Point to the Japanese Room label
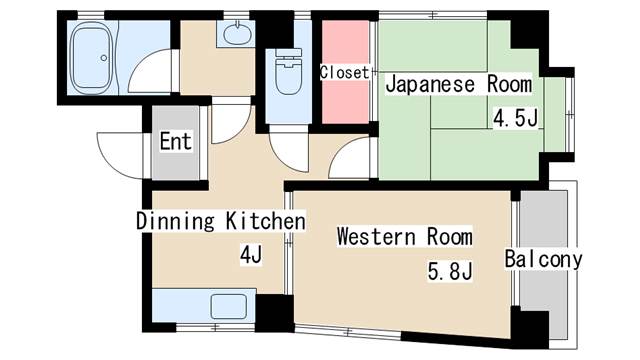(459, 84)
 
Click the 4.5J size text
(516, 119)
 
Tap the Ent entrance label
(175, 142)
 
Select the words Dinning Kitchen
(220, 220)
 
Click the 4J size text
(250, 255)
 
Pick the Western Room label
(404, 237)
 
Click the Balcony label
(543, 259)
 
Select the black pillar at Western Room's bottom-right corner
(531, 325)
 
